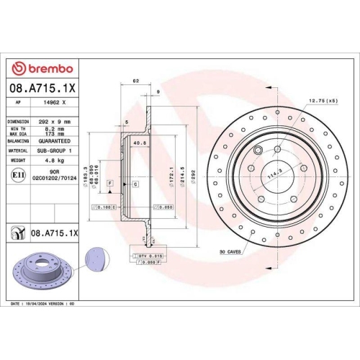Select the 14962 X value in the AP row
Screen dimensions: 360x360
click(55, 104)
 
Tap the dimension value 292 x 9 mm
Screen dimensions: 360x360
click(55, 122)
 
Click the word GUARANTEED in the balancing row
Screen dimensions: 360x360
click(55, 142)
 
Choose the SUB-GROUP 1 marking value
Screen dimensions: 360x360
click(56, 151)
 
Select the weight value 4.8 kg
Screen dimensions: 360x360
click(54, 161)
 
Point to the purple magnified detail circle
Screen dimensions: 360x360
click(94, 257)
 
